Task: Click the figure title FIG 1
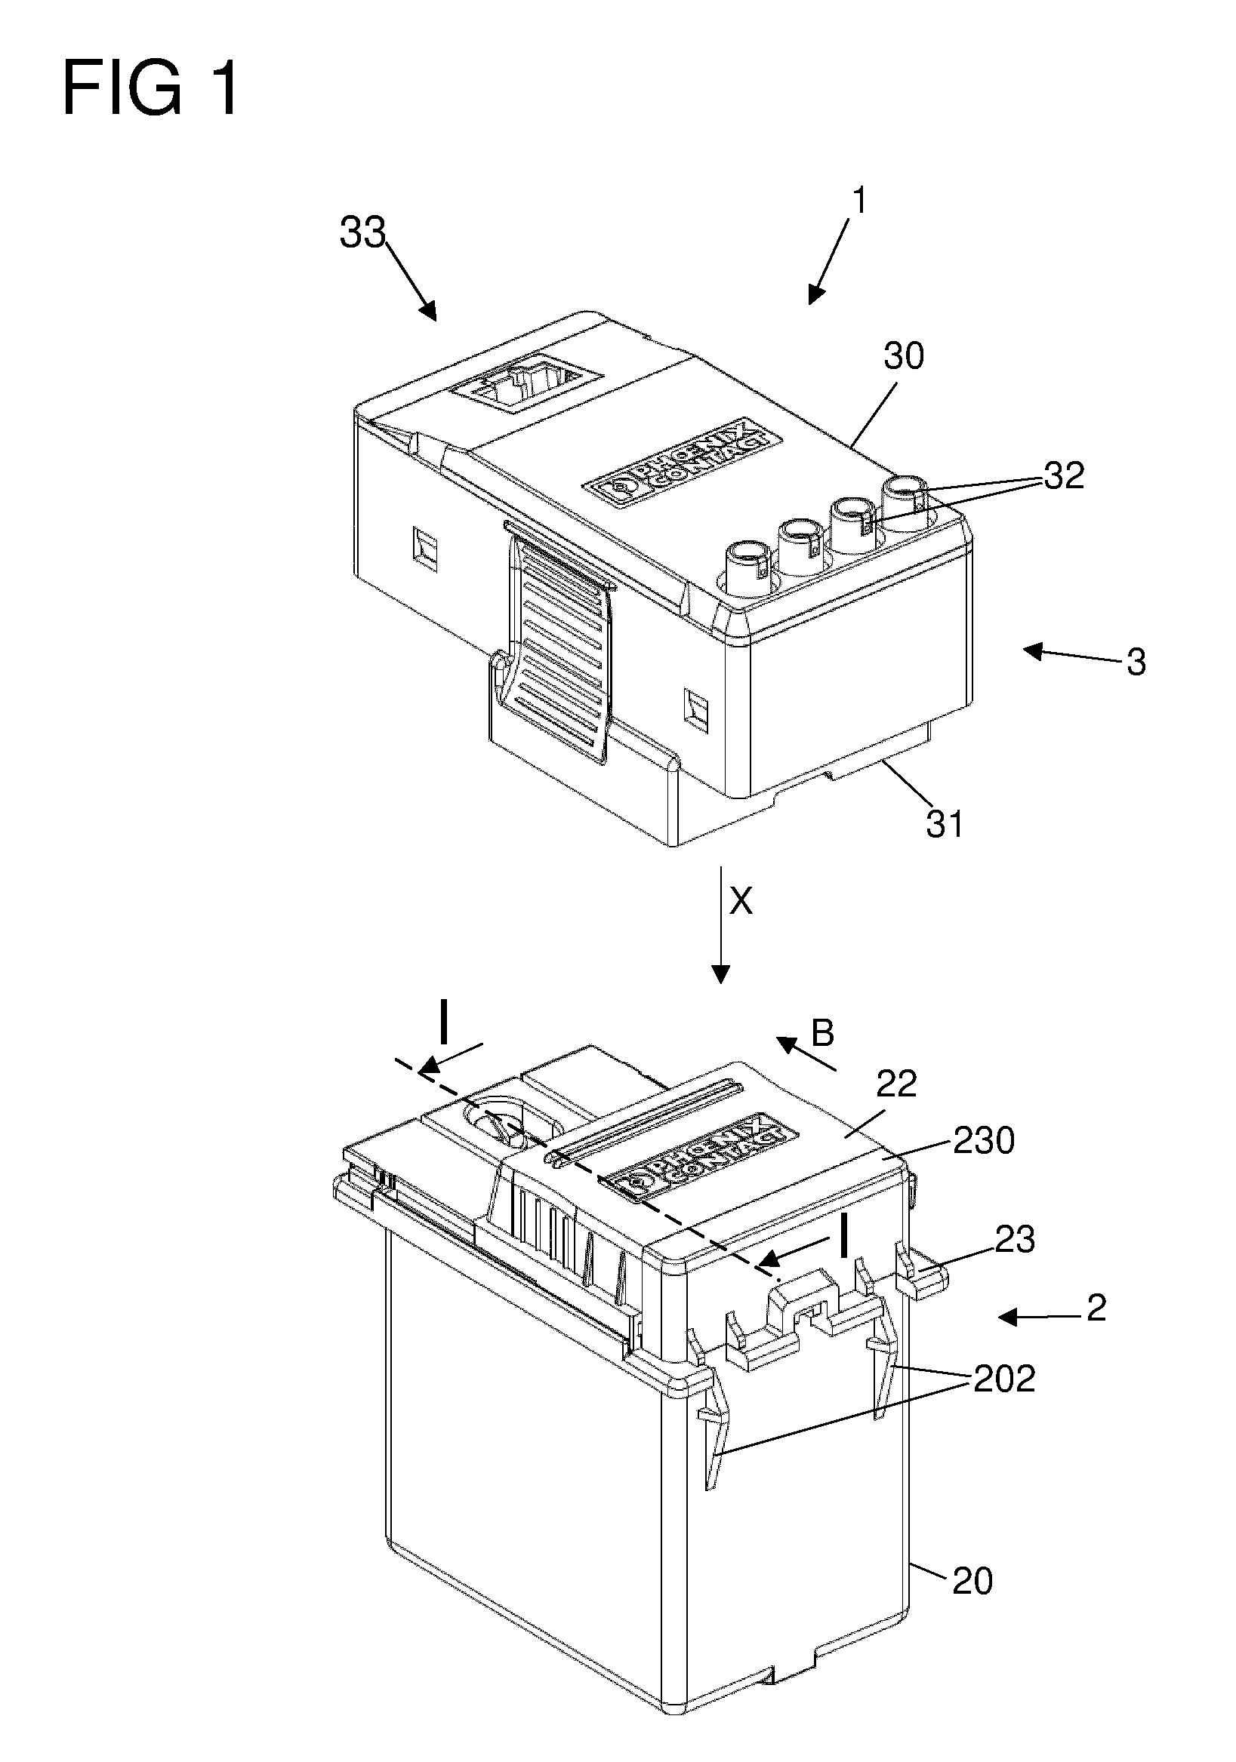click(x=150, y=90)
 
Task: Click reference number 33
click(x=362, y=232)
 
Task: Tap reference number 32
click(x=1064, y=476)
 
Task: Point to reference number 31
click(x=945, y=824)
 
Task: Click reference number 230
click(x=984, y=1140)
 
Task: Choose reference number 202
click(x=1004, y=1379)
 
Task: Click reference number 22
click(x=897, y=1084)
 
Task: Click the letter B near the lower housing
click(x=823, y=1034)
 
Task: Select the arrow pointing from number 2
click(x=1040, y=1318)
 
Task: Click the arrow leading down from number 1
click(x=829, y=262)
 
